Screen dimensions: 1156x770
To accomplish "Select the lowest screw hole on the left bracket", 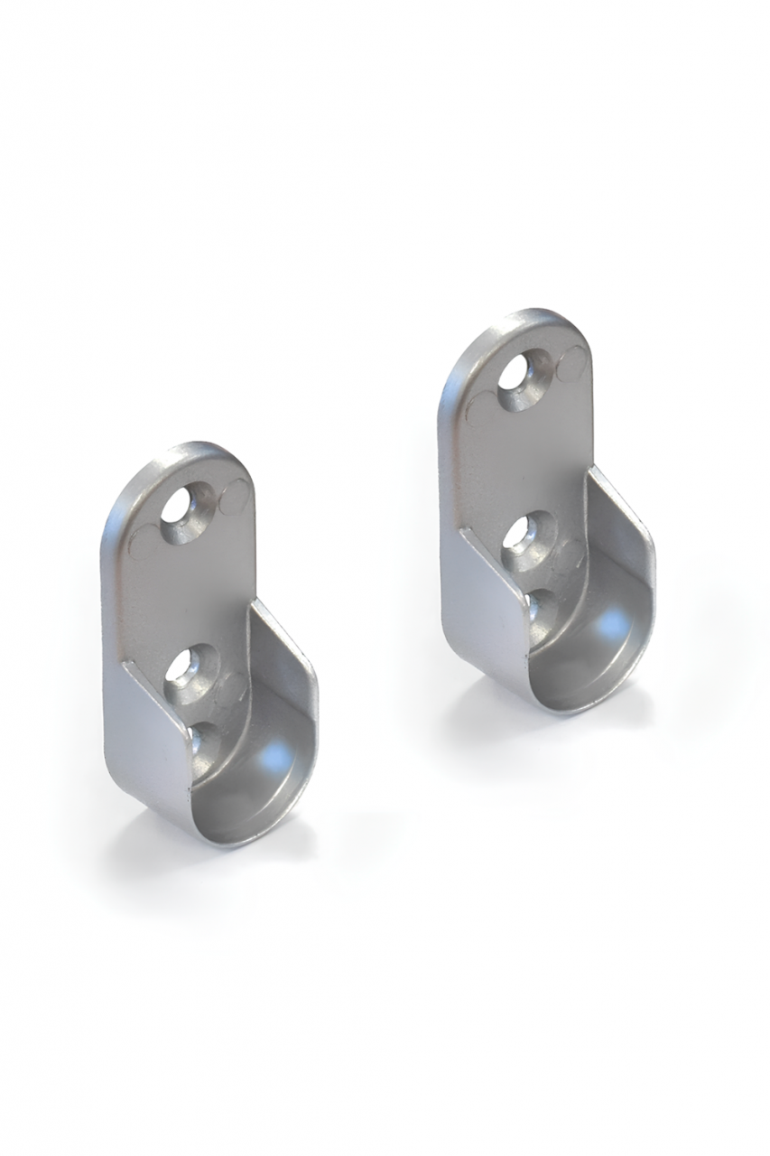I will (x=199, y=738).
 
